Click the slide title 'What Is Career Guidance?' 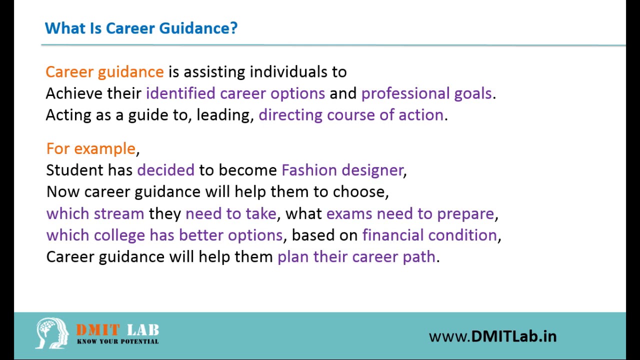(141, 28)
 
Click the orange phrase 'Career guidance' (104, 72)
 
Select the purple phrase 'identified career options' (235, 93)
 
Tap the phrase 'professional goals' (426, 93)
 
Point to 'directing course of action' (351, 115)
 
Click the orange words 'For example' (91, 148)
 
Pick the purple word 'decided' (165, 170)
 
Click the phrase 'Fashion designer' (342, 170)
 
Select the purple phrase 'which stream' (95, 213)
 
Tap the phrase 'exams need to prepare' (410, 214)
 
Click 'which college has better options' (164, 235)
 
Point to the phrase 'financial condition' (429, 235)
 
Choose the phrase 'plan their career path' (356, 257)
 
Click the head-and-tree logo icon (52, 333)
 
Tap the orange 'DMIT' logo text (97, 330)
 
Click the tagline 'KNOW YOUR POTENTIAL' (117, 341)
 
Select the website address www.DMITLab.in (493, 336)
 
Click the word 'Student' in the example (74, 170)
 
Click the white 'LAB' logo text (143, 330)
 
